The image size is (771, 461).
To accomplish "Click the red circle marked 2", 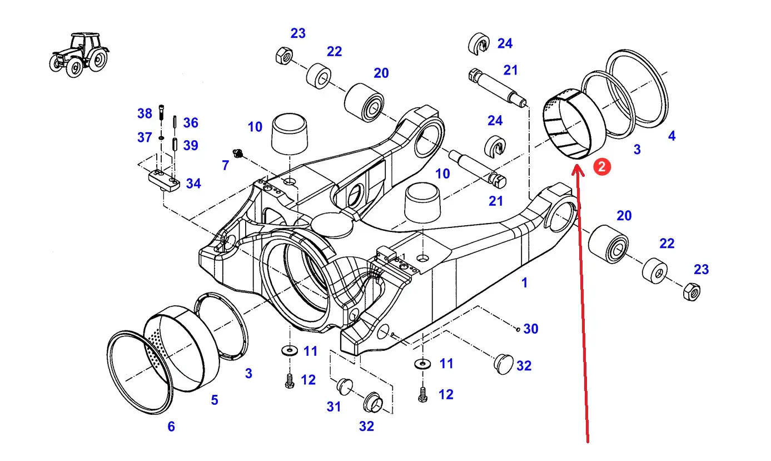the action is pyautogui.click(x=601, y=167).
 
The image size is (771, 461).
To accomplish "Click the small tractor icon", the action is pyautogui.click(x=79, y=54).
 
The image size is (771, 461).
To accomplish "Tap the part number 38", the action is pyautogui.click(x=145, y=113).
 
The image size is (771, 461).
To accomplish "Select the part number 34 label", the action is pyautogui.click(x=193, y=184).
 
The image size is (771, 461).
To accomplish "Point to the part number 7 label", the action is pyautogui.click(x=226, y=165).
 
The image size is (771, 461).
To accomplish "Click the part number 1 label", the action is pyautogui.click(x=524, y=282).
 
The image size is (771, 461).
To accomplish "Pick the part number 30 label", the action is pyautogui.click(x=531, y=329).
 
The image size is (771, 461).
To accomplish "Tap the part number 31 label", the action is pyautogui.click(x=334, y=407).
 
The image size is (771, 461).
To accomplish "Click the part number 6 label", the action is pyautogui.click(x=171, y=427).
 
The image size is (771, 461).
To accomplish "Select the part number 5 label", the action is pyautogui.click(x=215, y=400).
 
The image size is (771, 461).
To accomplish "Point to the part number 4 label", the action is pyautogui.click(x=671, y=136).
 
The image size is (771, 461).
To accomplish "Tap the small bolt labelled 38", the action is pyautogui.click(x=161, y=112).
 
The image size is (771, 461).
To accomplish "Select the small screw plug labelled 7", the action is pyautogui.click(x=237, y=153).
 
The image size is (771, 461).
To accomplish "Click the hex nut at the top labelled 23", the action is pyautogui.click(x=284, y=56).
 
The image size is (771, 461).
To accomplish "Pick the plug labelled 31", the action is pyautogui.click(x=344, y=386).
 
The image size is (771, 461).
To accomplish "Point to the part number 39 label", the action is pyautogui.click(x=191, y=145).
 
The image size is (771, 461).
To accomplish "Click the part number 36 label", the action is pyautogui.click(x=191, y=122).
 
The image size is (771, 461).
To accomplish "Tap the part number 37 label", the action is pyautogui.click(x=145, y=137).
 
